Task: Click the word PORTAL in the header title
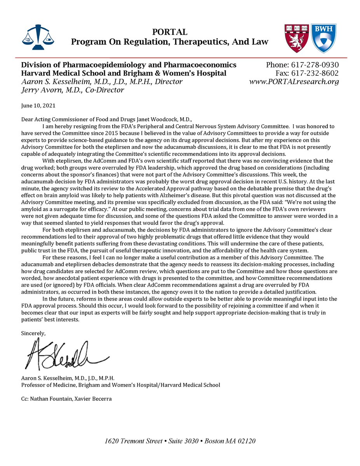click(x=169, y=32)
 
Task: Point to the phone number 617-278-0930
click(x=315, y=65)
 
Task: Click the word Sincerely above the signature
click(x=33, y=333)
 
